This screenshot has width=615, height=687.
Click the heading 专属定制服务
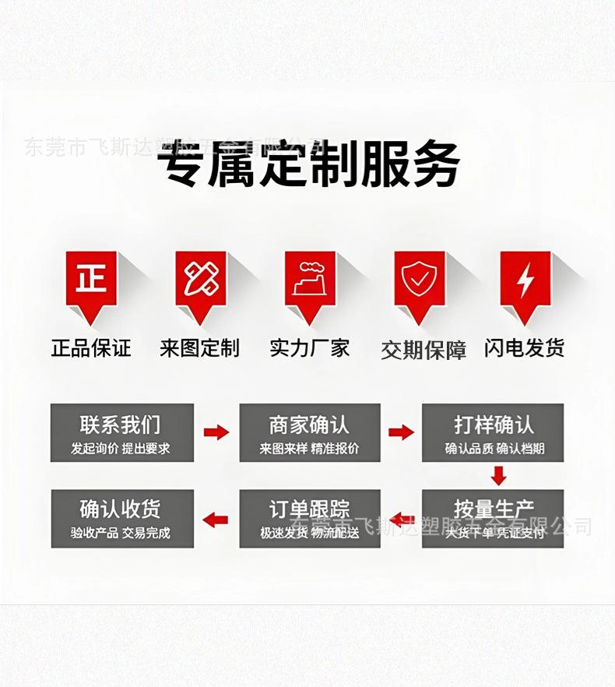point(308,165)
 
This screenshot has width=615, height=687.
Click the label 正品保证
point(91,347)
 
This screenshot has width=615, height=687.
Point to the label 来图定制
point(200,347)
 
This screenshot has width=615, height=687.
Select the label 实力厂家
point(310,347)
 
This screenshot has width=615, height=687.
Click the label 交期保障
point(423,350)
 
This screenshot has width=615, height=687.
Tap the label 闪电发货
point(525,347)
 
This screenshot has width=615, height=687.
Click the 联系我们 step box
point(121,432)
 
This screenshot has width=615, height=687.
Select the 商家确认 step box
point(309,432)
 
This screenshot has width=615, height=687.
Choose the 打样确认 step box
point(493,432)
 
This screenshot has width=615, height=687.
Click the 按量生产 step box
point(493,518)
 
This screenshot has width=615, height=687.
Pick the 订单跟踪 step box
point(309,518)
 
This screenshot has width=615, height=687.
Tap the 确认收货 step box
point(121,518)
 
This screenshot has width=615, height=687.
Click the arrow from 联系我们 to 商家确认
point(216,432)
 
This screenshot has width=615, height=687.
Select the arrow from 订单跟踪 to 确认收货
point(216,519)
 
